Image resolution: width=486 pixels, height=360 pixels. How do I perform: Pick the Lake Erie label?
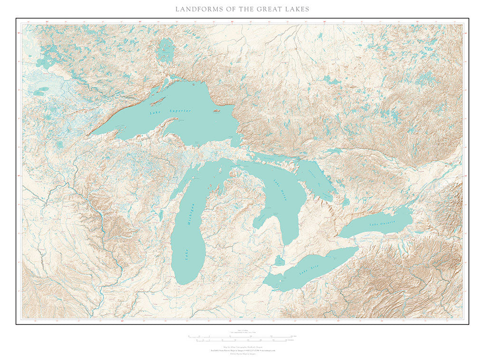pos(308,271)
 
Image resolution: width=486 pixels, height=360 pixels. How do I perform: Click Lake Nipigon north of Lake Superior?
pos(166,50)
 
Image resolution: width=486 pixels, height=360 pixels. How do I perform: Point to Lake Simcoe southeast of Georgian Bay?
pos(346,202)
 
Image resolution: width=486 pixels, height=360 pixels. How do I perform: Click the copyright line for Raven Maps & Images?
pos(243,353)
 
